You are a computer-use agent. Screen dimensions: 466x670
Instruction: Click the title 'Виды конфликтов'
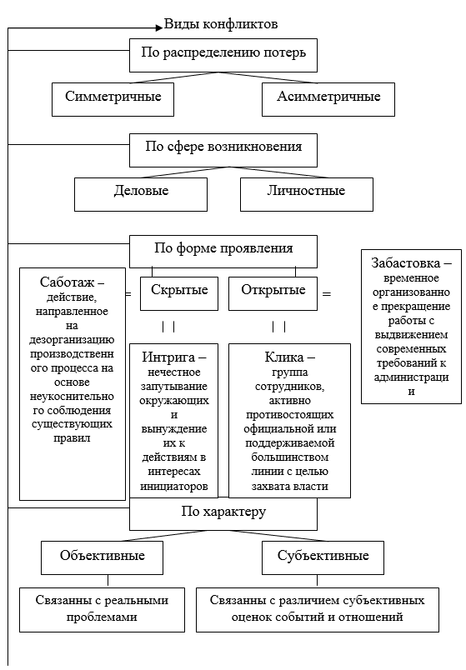tap(221, 24)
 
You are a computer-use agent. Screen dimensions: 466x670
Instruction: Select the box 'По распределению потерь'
tap(223, 56)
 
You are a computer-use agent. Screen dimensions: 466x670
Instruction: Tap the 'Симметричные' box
tap(113, 99)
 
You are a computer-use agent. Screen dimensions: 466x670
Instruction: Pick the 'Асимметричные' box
tap(328, 99)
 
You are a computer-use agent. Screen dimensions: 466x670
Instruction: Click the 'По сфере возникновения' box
tap(223, 150)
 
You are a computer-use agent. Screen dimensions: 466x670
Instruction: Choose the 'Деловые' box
tap(141, 194)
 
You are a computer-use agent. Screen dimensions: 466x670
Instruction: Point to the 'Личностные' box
tap(307, 194)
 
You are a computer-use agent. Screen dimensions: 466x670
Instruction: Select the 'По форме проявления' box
tap(223, 252)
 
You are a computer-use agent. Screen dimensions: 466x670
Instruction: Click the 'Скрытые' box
tap(179, 293)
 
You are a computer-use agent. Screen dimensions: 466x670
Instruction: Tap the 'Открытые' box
tap(273, 293)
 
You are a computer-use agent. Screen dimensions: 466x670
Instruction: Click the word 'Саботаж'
tap(68, 282)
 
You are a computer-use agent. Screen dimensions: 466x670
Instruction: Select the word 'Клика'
tap(284, 357)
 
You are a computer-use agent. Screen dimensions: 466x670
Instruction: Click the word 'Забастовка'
tap(405, 262)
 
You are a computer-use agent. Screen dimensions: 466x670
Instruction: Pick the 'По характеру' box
tap(223, 513)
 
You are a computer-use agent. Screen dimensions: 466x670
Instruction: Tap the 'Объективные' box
tap(103, 557)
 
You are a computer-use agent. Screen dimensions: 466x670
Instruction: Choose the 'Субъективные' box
tap(323, 557)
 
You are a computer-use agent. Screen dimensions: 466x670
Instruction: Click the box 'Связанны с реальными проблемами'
tap(103, 610)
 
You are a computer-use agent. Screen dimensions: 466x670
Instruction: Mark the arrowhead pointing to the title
tap(159, 27)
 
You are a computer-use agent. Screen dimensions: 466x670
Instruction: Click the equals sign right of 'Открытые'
tap(327, 294)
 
